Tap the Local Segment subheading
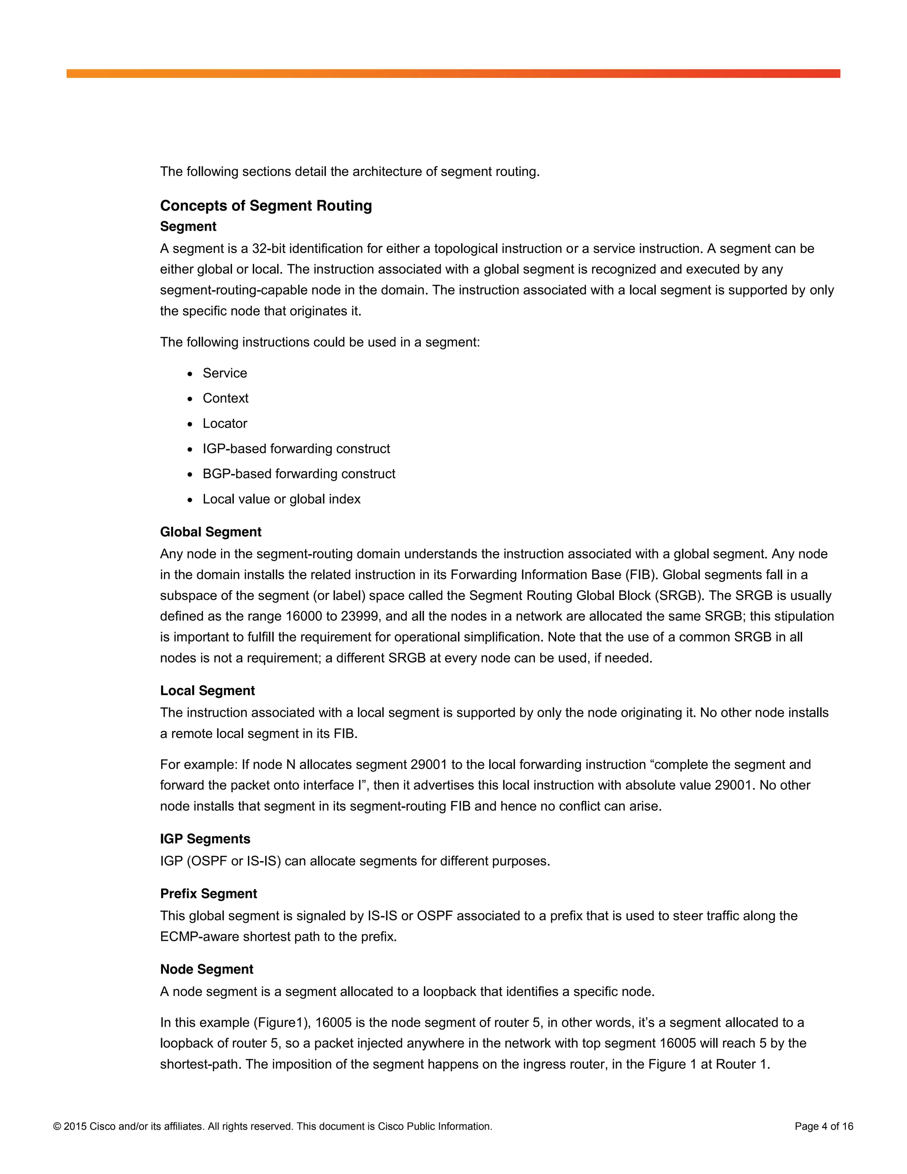(x=207, y=690)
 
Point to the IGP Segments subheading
(x=205, y=839)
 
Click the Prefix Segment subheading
(x=208, y=894)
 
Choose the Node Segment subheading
(x=206, y=969)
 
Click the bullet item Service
(x=224, y=373)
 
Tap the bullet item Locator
(x=225, y=424)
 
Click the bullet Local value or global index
(x=281, y=499)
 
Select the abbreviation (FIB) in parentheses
(x=641, y=575)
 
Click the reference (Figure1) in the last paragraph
(x=279, y=1022)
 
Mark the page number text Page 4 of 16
(x=824, y=1126)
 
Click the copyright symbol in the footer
(x=57, y=1126)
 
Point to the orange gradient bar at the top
(x=453, y=74)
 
